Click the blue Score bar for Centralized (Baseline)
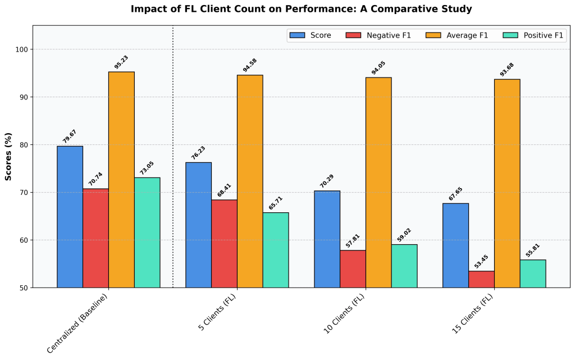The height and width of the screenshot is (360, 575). (x=70, y=217)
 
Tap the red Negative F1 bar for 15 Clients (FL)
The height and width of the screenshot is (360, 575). (x=481, y=279)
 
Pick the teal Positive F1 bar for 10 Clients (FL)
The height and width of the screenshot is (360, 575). (x=404, y=266)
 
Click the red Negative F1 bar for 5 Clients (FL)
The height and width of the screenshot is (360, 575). (x=224, y=243)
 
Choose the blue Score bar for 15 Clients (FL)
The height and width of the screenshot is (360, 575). (x=455, y=245)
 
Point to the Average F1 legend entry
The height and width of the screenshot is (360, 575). (x=458, y=35)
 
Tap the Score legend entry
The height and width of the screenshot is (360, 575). (x=310, y=35)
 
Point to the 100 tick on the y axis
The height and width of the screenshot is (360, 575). (x=22, y=49)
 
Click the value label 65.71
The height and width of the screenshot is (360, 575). (x=275, y=203)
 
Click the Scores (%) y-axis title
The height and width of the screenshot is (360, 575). (x=8, y=156)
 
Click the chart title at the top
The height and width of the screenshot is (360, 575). (x=301, y=9)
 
